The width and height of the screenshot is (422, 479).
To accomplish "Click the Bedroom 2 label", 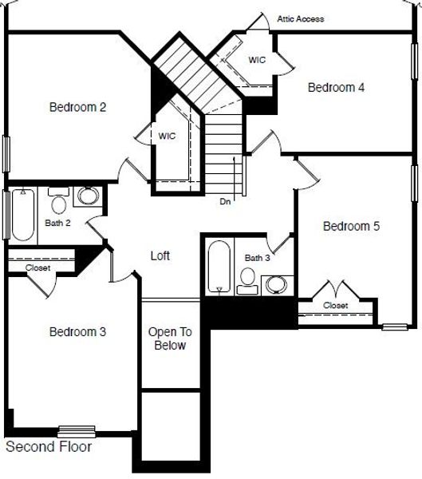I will pyautogui.click(x=78, y=106).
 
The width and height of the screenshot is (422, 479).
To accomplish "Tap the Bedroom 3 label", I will pyautogui.click(x=77, y=332).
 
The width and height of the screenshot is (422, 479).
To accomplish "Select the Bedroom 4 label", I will pyautogui.click(x=336, y=87).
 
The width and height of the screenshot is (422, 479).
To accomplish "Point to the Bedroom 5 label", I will pyautogui.click(x=351, y=227).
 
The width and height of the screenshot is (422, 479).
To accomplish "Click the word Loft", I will pyautogui.click(x=160, y=255).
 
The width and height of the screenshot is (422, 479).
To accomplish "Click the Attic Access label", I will pyautogui.click(x=301, y=19).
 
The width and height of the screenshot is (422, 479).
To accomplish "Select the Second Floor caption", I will pyautogui.click(x=49, y=447).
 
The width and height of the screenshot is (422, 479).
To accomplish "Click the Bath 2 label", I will pyautogui.click(x=57, y=223).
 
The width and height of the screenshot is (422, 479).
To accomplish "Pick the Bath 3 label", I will pyautogui.click(x=258, y=258).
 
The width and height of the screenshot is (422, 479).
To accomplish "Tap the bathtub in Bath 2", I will pyautogui.click(x=23, y=215).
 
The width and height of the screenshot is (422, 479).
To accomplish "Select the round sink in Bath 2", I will pyautogui.click(x=88, y=196).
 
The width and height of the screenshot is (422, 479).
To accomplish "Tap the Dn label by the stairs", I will pyautogui.click(x=225, y=202).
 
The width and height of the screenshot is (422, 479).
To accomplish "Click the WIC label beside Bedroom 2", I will pyautogui.click(x=167, y=136).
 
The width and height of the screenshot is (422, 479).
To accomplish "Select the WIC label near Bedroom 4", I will pyautogui.click(x=257, y=60).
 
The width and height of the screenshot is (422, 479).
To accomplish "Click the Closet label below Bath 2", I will pyautogui.click(x=38, y=268).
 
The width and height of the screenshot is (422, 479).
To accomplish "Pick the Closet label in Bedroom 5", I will pyautogui.click(x=336, y=306).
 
